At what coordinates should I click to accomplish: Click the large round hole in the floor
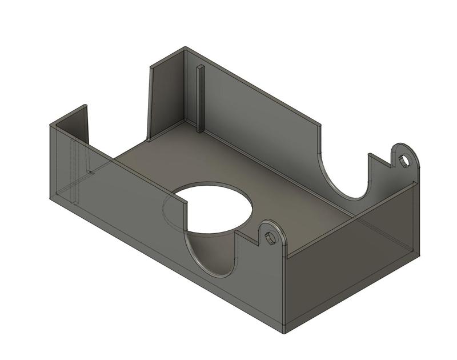coord(214,209)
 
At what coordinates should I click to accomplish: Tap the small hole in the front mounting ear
coord(270,236)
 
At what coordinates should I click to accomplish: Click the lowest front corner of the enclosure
coord(284,330)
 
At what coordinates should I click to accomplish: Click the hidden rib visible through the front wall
coord(74,171)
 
